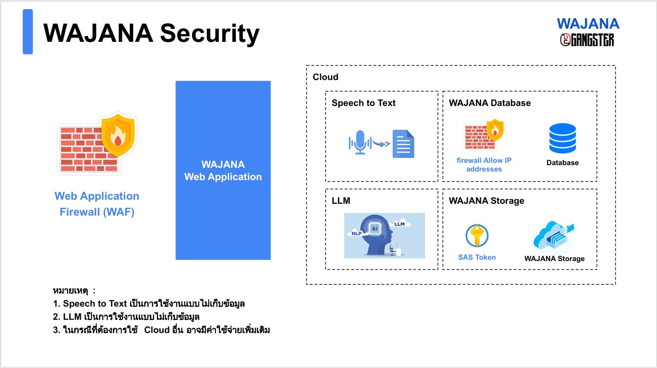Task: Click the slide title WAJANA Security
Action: pos(151,33)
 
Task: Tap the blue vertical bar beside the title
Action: pos(28,32)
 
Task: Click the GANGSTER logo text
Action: pos(587,40)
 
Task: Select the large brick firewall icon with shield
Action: pos(96,143)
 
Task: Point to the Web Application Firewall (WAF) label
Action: pos(97,204)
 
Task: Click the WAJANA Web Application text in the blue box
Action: pos(223,171)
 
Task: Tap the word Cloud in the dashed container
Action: pos(326,77)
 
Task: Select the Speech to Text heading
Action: pos(363,103)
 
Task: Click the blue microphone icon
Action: pos(360,142)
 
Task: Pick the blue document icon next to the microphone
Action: pos(403,144)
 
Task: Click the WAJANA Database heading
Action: pos(490,103)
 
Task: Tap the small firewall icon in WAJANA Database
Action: pos(484,135)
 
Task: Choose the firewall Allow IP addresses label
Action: pos(484,165)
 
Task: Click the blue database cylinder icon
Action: pos(562,138)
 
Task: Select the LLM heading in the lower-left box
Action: pos(341,201)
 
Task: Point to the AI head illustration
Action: pos(384,235)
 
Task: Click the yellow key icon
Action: pos(477,236)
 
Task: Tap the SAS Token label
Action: pos(477,257)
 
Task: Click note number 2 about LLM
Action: pos(126,317)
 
